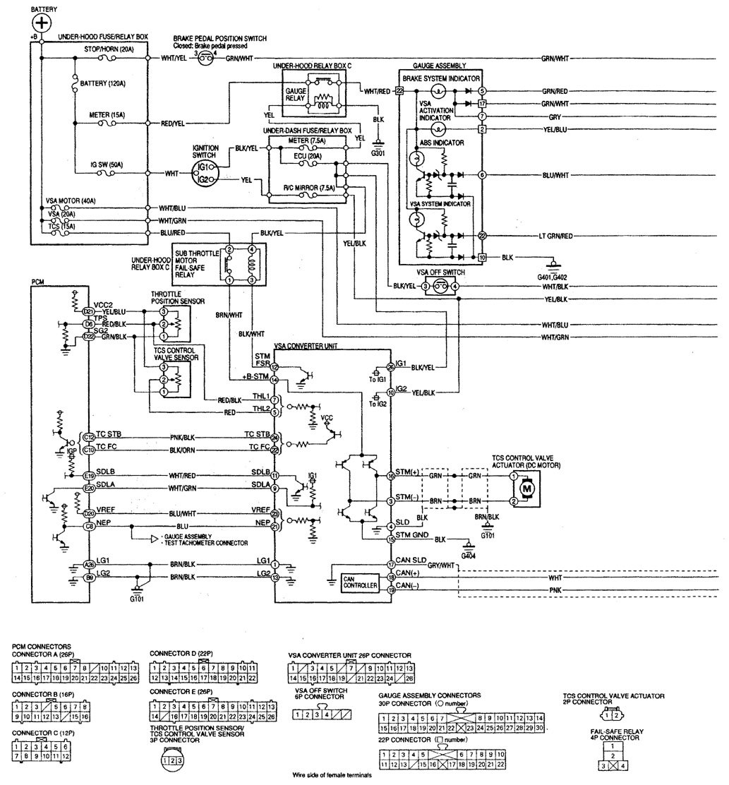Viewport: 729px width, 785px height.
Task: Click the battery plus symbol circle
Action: click(42, 23)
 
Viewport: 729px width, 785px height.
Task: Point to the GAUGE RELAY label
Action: click(296, 95)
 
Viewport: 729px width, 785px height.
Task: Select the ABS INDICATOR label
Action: click(441, 142)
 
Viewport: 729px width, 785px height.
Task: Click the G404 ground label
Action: click(468, 556)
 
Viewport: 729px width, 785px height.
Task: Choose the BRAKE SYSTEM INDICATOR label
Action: click(441, 78)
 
